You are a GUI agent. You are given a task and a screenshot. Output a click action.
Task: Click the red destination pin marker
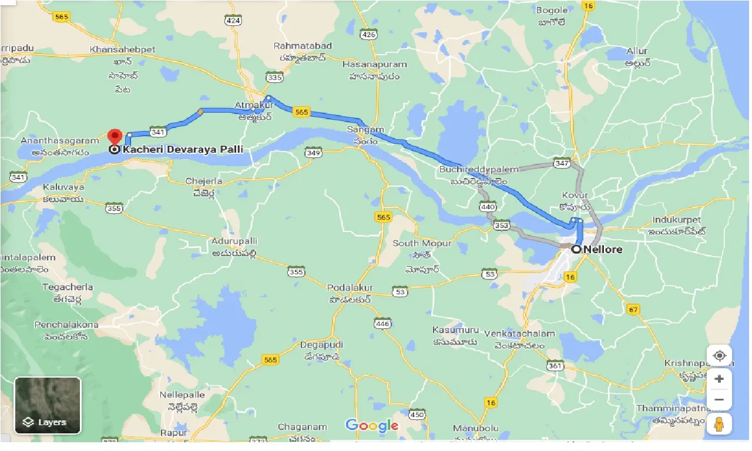coord(115,136)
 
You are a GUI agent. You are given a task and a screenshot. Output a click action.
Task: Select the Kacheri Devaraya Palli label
coord(183,149)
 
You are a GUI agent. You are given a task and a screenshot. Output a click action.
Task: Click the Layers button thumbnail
coord(48,405)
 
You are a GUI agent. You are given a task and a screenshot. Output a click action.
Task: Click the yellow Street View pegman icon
coord(719,423)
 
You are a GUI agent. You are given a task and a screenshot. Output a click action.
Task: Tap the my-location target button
coord(719,356)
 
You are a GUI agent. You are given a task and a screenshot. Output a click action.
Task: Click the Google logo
coord(372,426)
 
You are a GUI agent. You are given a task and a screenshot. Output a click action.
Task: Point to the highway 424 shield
coord(234,21)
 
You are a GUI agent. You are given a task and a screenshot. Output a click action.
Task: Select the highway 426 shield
coord(368,35)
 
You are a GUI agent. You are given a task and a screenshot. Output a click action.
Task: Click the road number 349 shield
coord(313,153)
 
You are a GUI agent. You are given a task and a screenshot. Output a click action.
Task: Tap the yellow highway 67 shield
coord(633,310)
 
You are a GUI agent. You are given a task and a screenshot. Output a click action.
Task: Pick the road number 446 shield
coord(382,324)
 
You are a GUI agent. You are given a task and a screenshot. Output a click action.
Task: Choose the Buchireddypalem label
coord(479,169)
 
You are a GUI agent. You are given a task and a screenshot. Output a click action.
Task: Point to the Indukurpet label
coord(676,220)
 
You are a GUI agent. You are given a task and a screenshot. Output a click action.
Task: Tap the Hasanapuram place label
coord(370,63)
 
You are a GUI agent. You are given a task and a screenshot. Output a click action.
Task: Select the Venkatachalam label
coord(519,334)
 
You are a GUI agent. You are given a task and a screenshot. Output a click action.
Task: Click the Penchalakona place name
coord(66,325)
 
